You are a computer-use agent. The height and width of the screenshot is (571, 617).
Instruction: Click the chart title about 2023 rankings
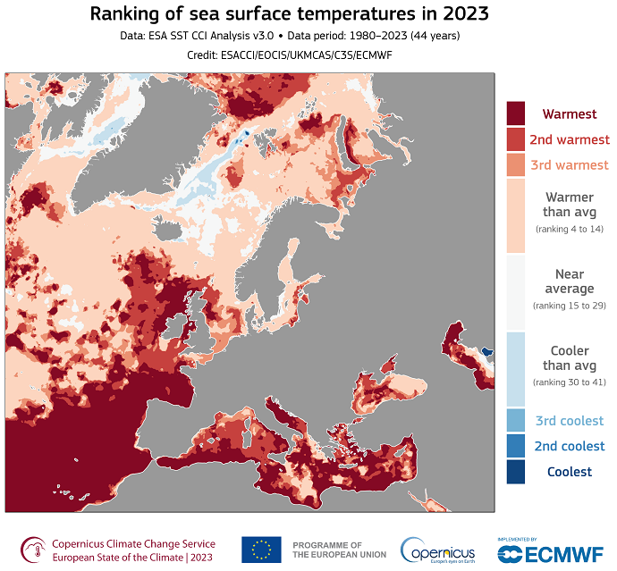[x=308, y=15]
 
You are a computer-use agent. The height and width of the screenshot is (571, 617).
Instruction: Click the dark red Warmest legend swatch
[x=516, y=113]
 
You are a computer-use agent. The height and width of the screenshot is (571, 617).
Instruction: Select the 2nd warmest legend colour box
[x=516, y=139]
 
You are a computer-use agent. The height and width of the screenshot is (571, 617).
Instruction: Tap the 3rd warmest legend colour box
[x=516, y=165]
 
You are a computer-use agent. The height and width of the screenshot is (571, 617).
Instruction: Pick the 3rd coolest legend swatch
[x=516, y=420]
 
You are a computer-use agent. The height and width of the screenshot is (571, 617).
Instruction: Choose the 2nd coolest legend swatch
[x=516, y=446]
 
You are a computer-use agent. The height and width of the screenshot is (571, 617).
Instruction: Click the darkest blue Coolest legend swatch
[x=516, y=471]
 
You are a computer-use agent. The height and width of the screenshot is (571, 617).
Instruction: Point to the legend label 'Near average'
[x=570, y=281]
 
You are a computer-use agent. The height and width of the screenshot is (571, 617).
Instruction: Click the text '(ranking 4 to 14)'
[x=570, y=230]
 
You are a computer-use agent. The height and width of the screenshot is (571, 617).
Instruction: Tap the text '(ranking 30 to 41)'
[x=570, y=382]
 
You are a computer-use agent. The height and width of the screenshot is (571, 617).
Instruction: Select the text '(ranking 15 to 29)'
[x=570, y=306]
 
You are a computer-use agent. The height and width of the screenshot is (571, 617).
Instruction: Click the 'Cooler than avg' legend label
[x=570, y=357]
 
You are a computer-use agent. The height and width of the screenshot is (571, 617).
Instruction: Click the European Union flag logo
[x=261, y=550]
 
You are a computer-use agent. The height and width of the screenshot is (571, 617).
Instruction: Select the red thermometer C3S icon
[x=32, y=550]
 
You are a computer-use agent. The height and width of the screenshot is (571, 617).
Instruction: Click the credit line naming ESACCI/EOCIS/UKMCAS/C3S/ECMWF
[x=308, y=55]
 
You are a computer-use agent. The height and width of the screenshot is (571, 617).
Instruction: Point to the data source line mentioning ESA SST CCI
[x=308, y=37]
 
